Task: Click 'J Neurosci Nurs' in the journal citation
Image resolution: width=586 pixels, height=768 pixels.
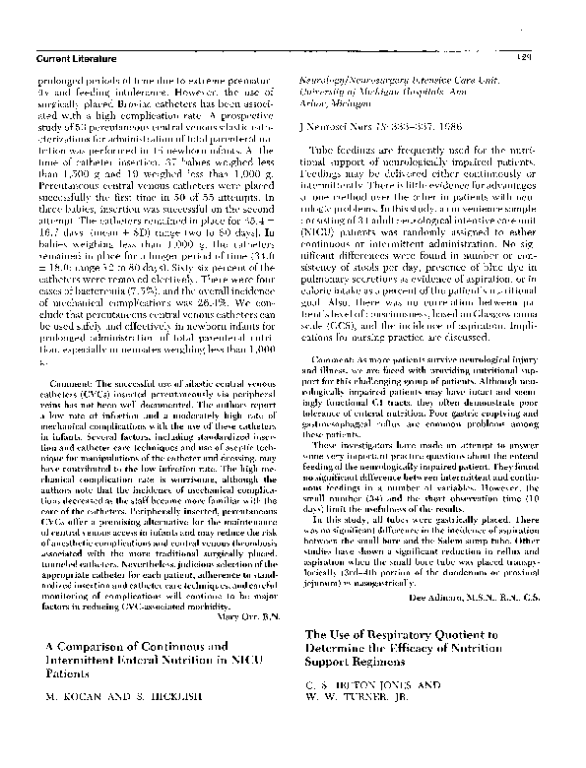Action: (329, 128)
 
